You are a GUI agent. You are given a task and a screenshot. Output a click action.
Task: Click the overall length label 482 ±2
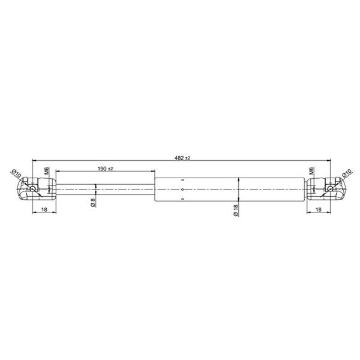point(182,158)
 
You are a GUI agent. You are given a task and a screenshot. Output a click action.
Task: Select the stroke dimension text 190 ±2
point(106,169)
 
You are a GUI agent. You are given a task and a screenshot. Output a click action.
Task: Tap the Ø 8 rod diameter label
point(93,203)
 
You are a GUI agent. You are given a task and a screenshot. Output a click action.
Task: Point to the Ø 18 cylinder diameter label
point(236,211)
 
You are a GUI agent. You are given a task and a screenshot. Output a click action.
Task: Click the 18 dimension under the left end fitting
point(44,209)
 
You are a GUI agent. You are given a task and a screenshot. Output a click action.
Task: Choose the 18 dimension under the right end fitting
point(319,209)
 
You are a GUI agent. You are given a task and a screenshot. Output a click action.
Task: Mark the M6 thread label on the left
point(47,170)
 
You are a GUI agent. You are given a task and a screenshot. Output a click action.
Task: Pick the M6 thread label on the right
point(311,170)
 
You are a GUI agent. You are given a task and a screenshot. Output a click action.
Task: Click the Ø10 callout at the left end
point(16,173)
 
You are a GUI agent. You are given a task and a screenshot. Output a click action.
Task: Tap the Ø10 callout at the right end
point(347,173)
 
